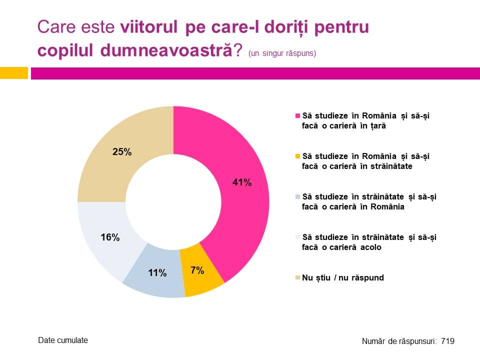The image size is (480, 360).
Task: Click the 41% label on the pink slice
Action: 242,182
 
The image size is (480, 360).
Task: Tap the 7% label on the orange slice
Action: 197,270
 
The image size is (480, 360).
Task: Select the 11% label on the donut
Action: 157,273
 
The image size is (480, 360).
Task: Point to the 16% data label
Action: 110,237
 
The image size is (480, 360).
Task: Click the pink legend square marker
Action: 298,115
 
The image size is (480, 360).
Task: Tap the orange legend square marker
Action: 298,156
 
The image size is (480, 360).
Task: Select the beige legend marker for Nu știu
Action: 298,277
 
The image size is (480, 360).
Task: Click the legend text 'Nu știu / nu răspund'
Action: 343,277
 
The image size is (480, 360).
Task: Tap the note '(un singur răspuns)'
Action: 282,53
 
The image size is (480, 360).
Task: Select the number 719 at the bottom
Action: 447,341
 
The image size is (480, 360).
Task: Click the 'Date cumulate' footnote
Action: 63,340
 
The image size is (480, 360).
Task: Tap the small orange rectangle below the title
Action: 13,73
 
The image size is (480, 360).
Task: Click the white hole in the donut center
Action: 173,202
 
